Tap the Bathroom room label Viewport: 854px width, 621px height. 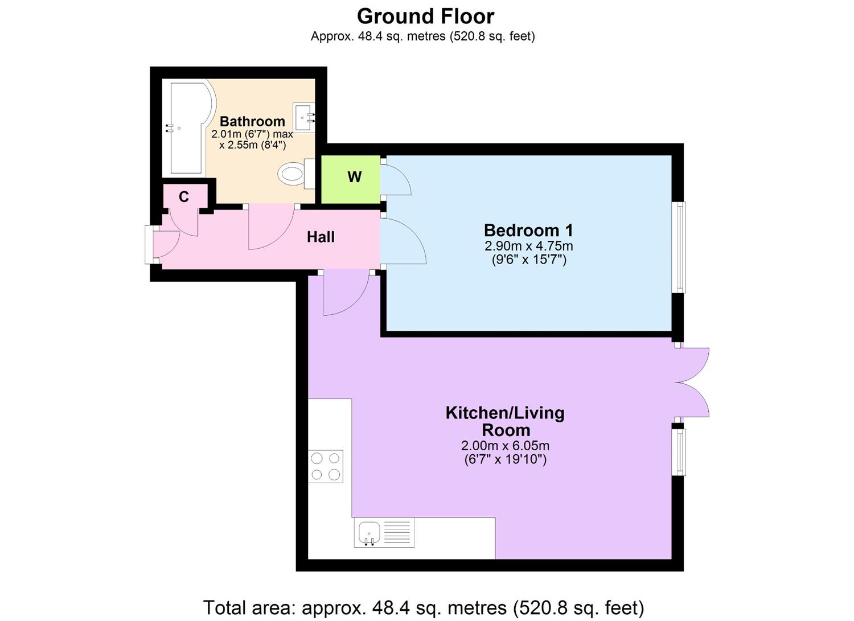252,121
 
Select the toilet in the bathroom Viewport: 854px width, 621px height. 294,173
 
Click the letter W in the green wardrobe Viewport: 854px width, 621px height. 354,177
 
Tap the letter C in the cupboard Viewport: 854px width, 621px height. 183,197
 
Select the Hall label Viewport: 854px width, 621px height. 321,237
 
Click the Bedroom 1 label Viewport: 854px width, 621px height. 528,230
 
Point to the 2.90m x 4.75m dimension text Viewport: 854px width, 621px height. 528,246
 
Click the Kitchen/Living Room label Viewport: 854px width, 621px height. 504,421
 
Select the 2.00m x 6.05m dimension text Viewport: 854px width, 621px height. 505,446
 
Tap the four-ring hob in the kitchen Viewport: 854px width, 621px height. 326,466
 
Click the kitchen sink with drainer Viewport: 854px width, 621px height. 384,533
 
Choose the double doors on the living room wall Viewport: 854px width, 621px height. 692,383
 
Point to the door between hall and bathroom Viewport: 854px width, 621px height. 270,228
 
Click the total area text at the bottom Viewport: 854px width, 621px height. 423,607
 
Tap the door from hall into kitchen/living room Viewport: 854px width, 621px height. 346,294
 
